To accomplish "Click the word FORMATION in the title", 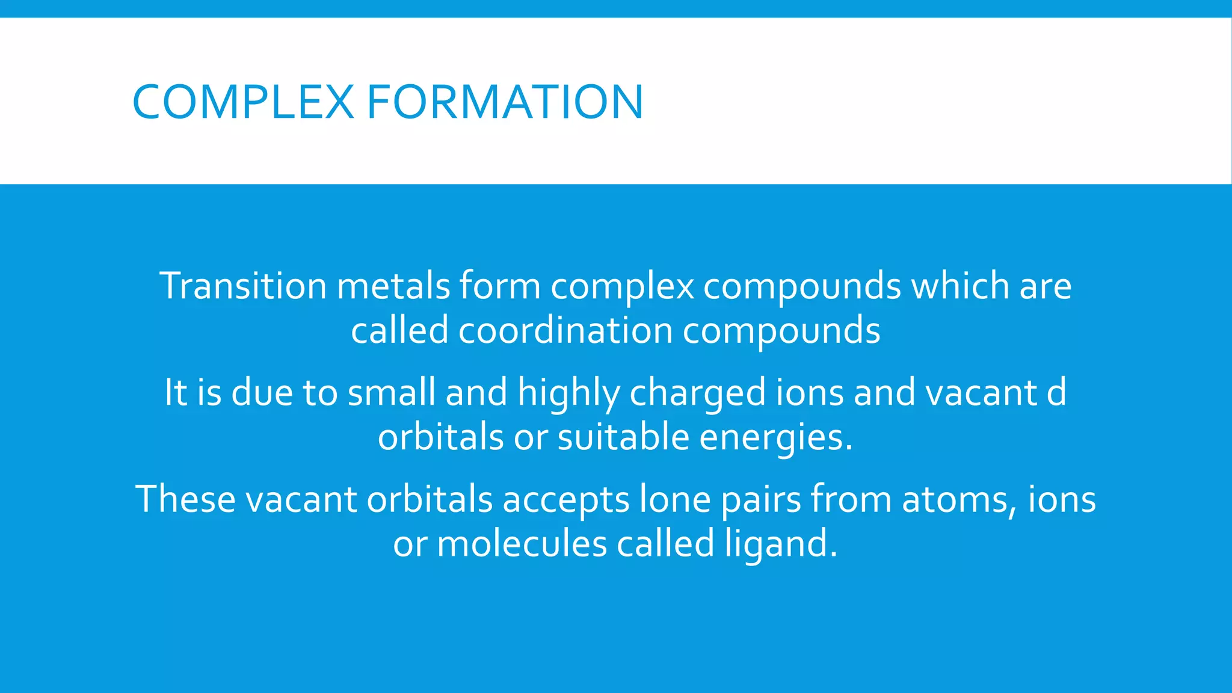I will [x=505, y=102].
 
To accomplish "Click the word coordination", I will [x=565, y=331].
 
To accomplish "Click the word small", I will [x=392, y=392].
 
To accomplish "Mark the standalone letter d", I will [x=1056, y=392].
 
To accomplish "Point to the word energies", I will [x=776, y=438].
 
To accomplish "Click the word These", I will [x=186, y=499].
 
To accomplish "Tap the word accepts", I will [x=565, y=500].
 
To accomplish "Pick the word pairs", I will [x=760, y=500].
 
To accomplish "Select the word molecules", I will [x=522, y=544].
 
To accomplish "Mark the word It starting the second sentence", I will [x=176, y=392].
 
